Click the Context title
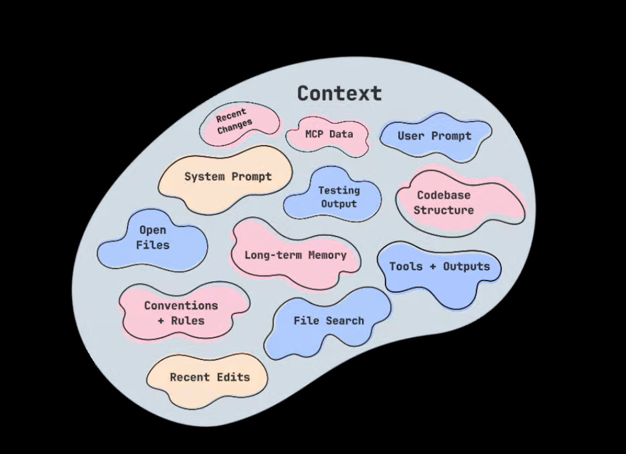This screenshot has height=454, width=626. coord(340,93)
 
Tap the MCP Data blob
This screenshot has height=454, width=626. coord(328,134)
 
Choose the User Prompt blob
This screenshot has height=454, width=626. coord(434,136)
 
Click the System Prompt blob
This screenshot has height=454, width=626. coord(228,177)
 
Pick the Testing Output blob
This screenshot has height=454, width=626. coord(338,197)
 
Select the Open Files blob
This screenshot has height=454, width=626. coord(153,238)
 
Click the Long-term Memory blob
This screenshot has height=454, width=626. coord(295,255)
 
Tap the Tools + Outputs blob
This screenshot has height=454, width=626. coord(439,267)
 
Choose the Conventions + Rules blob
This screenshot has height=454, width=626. coord(181,313)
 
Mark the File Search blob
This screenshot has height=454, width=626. coord(328,321)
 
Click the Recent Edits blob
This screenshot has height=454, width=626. coord(210,378)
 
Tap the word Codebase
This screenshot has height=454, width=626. coord(444,195)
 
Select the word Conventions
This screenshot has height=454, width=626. coord(181,306)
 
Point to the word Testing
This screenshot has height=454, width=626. coord(339,190)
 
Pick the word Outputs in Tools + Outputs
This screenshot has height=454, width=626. coord(466,267)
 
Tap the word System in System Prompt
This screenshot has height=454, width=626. coord(204,177)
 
